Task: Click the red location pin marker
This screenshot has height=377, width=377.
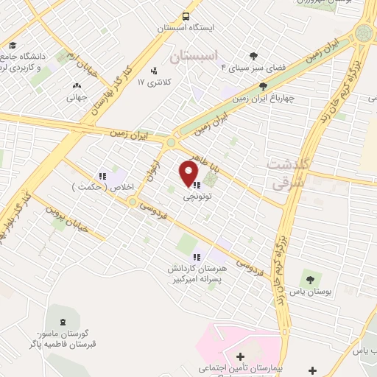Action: click(188, 174)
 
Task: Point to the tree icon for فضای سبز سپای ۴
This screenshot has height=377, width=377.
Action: click(254, 55)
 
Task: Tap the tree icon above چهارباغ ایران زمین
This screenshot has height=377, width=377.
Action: click(263, 85)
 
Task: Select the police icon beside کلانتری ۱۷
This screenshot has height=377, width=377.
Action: click(154, 71)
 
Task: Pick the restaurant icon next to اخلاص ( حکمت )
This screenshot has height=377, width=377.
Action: click(103, 175)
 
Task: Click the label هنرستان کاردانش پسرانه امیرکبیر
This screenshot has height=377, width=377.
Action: click(198, 273)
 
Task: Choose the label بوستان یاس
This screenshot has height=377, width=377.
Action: click(309, 292)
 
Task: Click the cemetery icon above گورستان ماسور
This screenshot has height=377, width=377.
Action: click(63, 321)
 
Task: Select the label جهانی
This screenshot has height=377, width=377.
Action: click(77, 96)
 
